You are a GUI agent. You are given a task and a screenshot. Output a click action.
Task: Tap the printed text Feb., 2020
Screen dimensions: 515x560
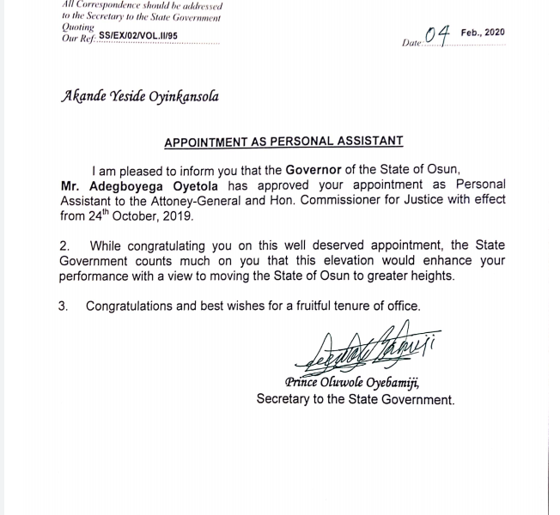point(483,33)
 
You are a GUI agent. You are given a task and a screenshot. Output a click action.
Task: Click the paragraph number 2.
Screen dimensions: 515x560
point(64,245)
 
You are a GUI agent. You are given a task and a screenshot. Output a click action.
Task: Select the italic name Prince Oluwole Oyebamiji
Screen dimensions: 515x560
point(353,383)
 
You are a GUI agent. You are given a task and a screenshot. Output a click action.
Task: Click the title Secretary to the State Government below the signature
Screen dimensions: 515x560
point(354,399)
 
